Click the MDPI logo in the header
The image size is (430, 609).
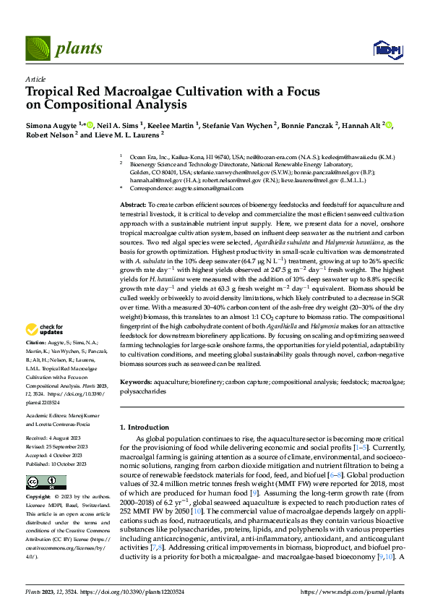click(x=383, y=48)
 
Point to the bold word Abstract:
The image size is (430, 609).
click(x=134, y=206)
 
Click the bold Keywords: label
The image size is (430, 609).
click(x=137, y=380)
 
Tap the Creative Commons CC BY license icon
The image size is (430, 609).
click(x=36, y=482)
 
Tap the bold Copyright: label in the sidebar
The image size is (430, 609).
click(x=38, y=498)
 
